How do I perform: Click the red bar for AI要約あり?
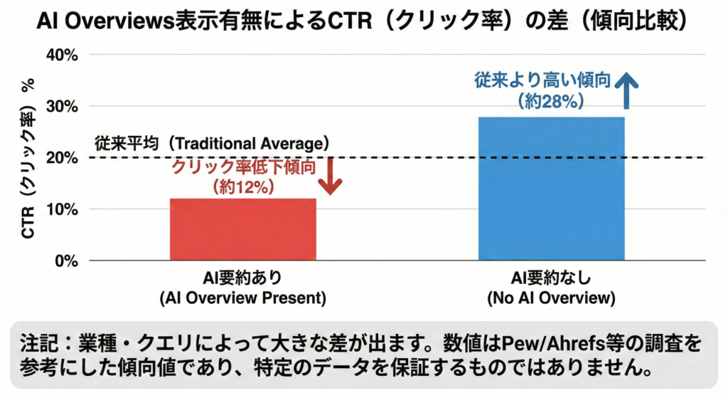pos(242,229)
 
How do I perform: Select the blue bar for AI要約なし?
pos(551,189)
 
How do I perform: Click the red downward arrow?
pos(330,176)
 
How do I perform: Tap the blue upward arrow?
pos(627,89)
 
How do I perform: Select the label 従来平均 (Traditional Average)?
pos(211,142)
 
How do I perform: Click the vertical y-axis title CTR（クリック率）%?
pos(29,158)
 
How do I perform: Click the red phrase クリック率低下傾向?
pos(244,167)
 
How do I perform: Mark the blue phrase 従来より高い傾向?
pos(542,81)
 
